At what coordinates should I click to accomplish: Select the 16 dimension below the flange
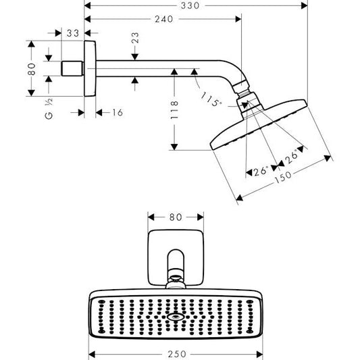click(x=115, y=112)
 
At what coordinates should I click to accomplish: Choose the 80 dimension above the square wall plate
click(x=176, y=217)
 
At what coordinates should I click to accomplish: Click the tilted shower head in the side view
click(x=260, y=126)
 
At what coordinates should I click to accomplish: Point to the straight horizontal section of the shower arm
click(x=155, y=68)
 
